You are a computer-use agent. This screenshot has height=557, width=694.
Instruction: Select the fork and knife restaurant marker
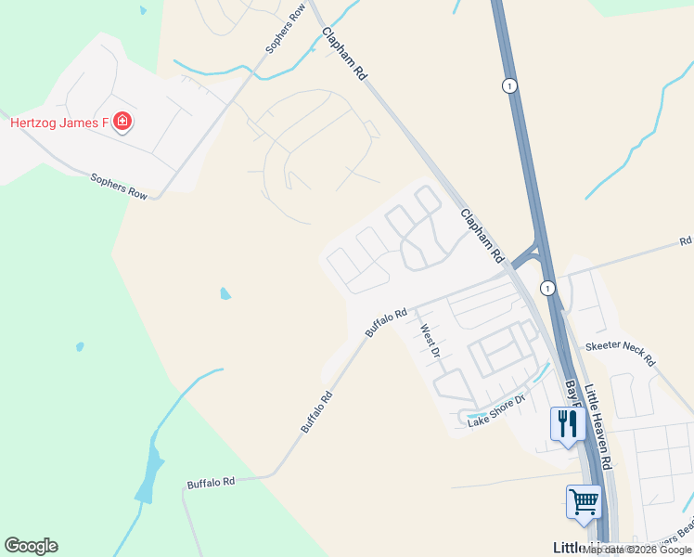pyautogui.click(x=565, y=424)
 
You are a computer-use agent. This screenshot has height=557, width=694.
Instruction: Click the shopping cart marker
pyautogui.click(x=584, y=502)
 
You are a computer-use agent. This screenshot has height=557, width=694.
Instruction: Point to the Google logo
pyautogui.click(x=31, y=546)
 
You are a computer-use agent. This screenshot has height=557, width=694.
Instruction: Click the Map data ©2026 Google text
pyautogui.click(x=637, y=550)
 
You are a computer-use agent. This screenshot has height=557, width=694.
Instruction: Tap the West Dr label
pyautogui.click(x=429, y=335)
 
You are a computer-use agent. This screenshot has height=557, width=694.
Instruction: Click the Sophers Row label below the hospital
pyautogui.click(x=119, y=187)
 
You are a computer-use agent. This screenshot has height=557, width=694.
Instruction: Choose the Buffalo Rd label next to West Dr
pyautogui.click(x=386, y=323)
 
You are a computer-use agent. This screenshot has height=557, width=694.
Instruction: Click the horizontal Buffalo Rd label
pyautogui.click(x=211, y=483)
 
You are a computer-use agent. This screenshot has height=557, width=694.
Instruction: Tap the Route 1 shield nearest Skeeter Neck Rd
pyautogui.click(x=548, y=288)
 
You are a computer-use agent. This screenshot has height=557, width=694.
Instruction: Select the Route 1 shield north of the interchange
pyautogui.click(x=508, y=85)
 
